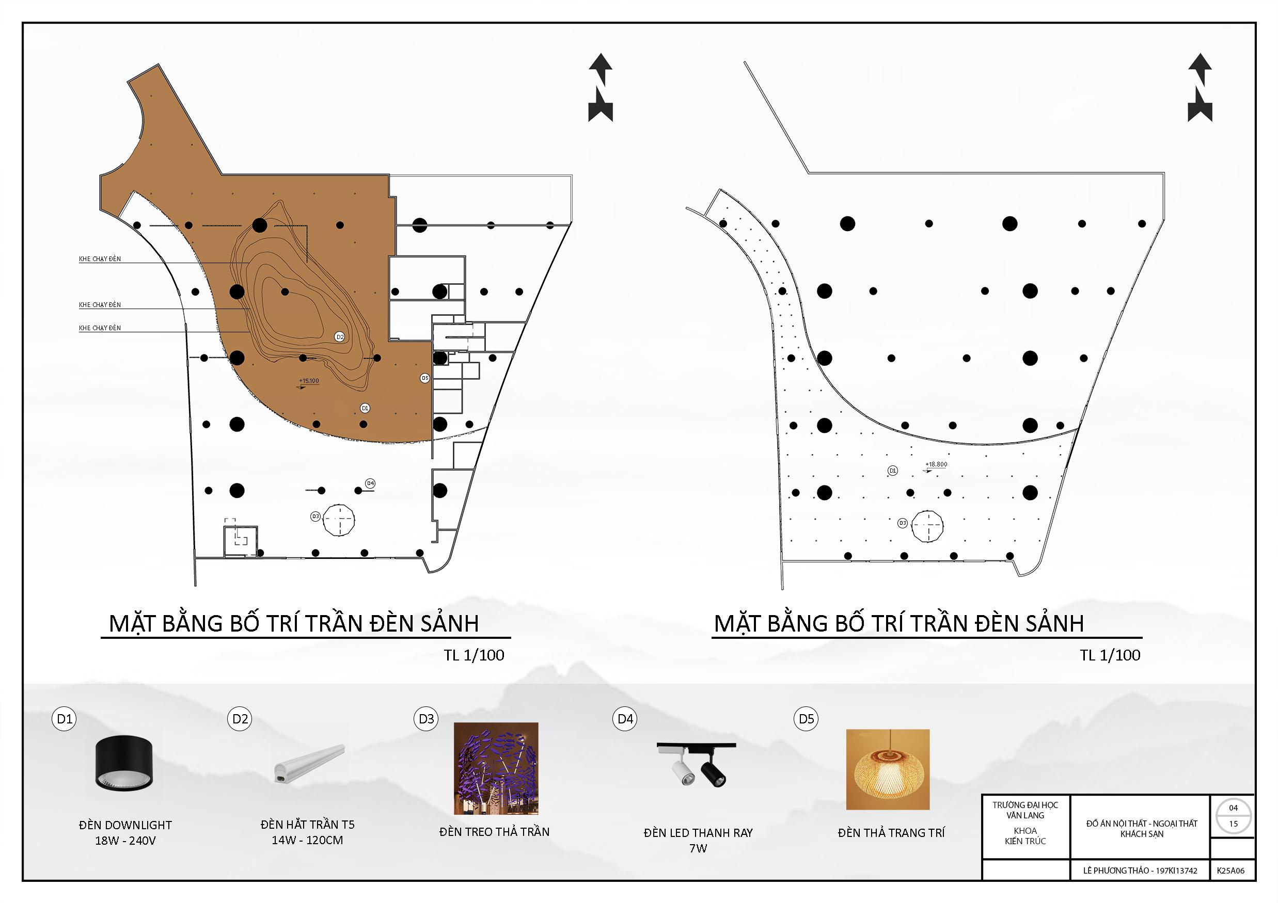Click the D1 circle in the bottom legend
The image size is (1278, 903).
click(x=65, y=719)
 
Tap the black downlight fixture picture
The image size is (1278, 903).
click(x=124, y=763)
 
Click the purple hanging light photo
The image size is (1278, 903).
click(x=495, y=768)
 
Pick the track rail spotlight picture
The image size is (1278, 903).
click(x=697, y=765)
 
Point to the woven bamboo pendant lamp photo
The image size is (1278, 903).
click(x=887, y=769)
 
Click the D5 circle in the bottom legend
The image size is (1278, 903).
click(x=806, y=719)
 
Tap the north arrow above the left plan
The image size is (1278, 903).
click(x=601, y=87)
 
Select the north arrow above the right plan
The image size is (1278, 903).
click(x=1200, y=87)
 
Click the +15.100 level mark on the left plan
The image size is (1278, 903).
click(x=309, y=382)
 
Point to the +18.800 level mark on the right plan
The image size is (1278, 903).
click(x=936, y=464)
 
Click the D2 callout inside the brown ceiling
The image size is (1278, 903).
click(x=340, y=336)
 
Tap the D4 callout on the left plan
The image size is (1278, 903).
click(x=370, y=483)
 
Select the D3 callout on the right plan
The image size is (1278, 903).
click(x=902, y=523)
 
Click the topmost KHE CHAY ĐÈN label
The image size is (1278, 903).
click(x=100, y=259)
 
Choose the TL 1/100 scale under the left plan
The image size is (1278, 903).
click(x=474, y=655)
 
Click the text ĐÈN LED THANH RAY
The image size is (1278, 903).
click(x=698, y=833)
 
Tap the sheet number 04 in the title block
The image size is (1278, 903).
click(x=1234, y=808)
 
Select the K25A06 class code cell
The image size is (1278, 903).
click(x=1230, y=870)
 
